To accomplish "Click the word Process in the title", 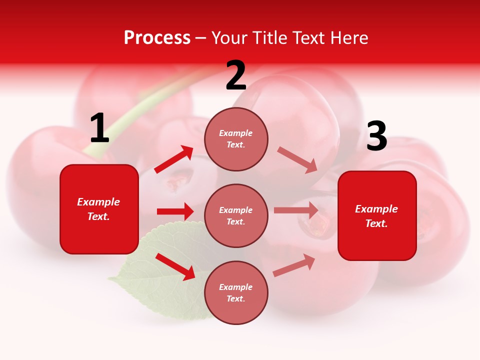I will coord(157,38).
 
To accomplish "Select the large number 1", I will coord(99,128).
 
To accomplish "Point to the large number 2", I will coord(236,76).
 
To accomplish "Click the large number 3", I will coord(376,136).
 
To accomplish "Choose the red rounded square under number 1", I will coord(99,209).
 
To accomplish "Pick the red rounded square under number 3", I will coord(377,215).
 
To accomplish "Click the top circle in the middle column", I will coord(236,138).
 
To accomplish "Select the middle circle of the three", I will coord(236,215).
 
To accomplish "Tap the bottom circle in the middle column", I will coord(236,292).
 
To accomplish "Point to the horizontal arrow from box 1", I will coord(175,211).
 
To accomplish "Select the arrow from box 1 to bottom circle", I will coord(175,266).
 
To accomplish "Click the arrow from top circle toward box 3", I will coord(297,159).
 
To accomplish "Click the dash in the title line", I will coord(201,38).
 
